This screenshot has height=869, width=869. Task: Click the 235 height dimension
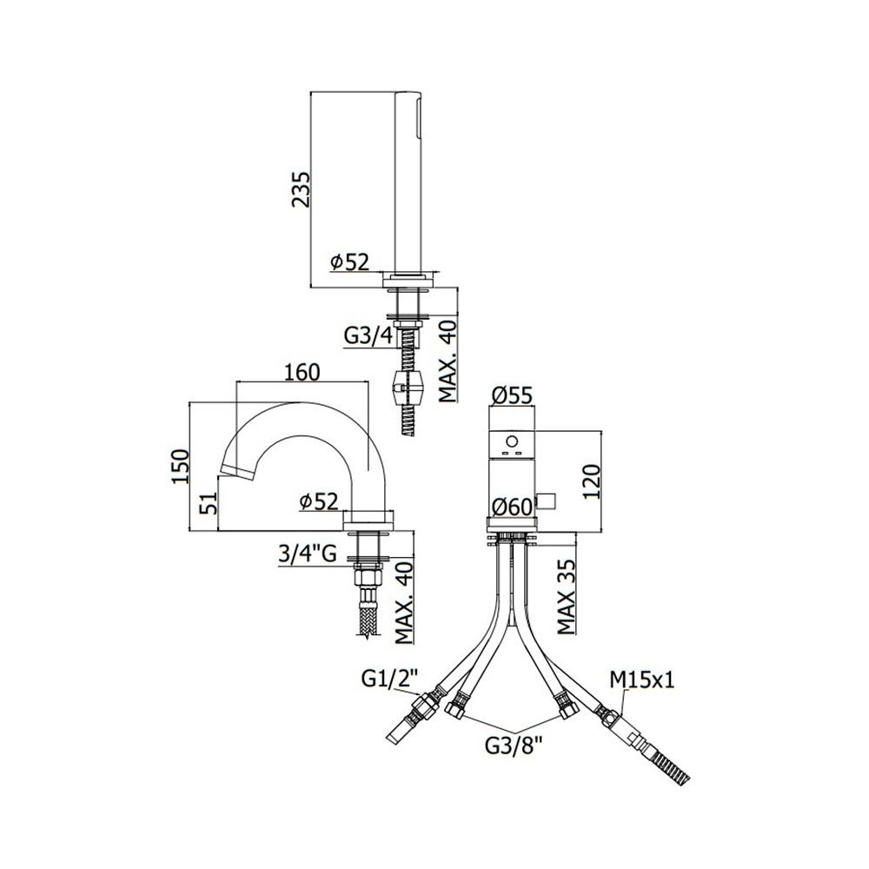tap(302, 189)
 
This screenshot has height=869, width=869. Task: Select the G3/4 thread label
tap(368, 335)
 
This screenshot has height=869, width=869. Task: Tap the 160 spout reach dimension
tap(302, 372)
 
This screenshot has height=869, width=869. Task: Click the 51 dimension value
tap(208, 502)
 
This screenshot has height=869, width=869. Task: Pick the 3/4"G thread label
tap(308, 554)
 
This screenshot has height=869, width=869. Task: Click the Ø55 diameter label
tap(512, 395)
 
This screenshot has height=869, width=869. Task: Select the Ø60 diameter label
tap(512, 506)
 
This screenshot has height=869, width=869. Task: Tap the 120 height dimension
tap(592, 481)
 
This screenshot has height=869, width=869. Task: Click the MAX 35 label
tap(567, 596)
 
